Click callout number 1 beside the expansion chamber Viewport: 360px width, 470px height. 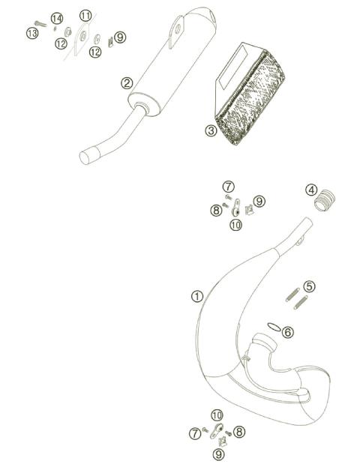[x=196, y=296]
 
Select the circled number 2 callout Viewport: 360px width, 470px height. [x=127, y=83]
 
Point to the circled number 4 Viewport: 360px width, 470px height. [x=311, y=190]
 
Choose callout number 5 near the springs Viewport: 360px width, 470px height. [x=310, y=286]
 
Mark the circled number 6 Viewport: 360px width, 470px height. [x=288, y=332]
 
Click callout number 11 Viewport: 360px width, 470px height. [x=85, y=16]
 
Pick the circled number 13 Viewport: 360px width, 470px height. [x=31, y=33]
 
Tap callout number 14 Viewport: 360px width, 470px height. [x=56, y=18]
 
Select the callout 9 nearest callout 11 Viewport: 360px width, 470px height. [x=120, y=36]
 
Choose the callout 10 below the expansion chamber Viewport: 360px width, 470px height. [x=217, y=415]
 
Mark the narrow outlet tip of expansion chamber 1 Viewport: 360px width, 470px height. [x=305, y=223]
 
